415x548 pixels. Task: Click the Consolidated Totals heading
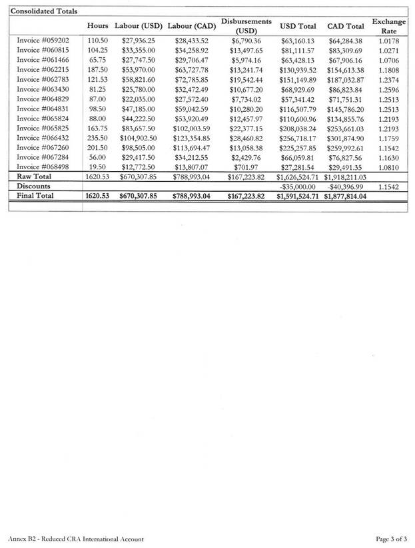click(x=43, y=11)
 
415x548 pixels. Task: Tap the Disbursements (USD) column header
click(x=246, y=26)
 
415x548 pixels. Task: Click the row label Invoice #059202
click(x=43, y=41)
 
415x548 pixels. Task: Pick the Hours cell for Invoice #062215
click(x=97, y=70)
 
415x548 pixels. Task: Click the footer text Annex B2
click(x=24, y=538)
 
